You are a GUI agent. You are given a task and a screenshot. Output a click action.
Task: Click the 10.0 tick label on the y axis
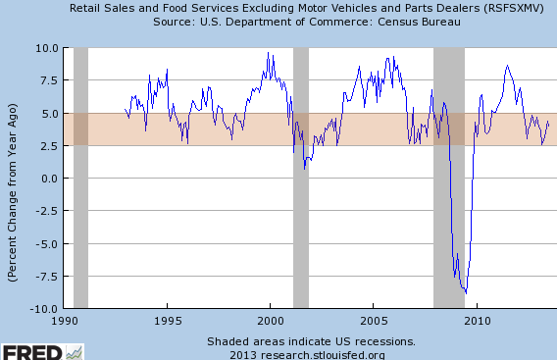click(47, 48)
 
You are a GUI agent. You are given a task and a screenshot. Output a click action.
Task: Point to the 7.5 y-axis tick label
click(50, 80)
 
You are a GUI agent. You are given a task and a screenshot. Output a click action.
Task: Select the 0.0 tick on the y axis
click(50, 179)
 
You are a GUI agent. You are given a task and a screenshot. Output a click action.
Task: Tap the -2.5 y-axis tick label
click(47, 211)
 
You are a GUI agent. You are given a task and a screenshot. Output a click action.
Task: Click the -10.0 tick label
click(44, 309)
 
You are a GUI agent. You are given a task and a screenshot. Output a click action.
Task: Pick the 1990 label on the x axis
click(65, 322)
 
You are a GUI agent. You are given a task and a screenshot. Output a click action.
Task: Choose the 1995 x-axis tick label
click(168, 322)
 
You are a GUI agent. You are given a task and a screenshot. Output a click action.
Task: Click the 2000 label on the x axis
click(271, 322)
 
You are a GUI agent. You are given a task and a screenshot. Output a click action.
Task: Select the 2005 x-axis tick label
click(374, 322)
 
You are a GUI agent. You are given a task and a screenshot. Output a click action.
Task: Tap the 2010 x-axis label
click(478, 322)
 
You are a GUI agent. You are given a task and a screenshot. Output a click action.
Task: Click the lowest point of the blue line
click(466, 293)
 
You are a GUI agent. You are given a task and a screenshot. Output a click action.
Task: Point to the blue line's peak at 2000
click(268, 53)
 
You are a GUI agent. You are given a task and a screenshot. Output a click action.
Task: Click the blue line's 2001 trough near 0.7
click(304, 169)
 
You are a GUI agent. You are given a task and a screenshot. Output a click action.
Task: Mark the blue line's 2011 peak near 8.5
click(507, 66)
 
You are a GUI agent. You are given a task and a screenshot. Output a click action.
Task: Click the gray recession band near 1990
click(81, 178)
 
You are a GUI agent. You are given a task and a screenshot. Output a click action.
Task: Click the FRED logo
click(42, 352)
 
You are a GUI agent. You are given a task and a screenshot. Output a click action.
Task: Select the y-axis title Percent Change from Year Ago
click(13, 192)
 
